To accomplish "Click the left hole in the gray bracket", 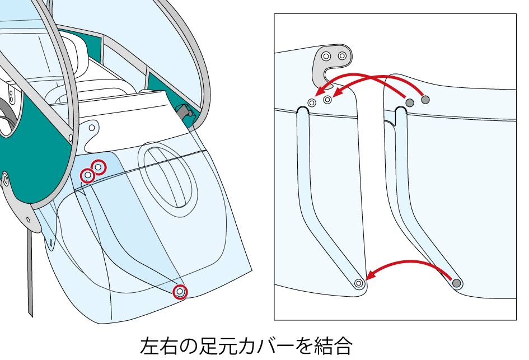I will click(326, 55).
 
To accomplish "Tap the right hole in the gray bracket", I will click(340, 55).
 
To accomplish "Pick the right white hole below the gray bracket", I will click(328, 100).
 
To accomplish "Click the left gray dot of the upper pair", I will click(410, 102).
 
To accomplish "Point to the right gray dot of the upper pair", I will click(425, 100).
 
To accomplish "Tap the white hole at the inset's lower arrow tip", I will click(359, 284).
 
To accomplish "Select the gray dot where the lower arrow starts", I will click(456, 283).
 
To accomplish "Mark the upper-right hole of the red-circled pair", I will click(99, 167).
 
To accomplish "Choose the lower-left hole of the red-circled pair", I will click(88, 176).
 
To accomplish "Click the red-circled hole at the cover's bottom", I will click(180, 292).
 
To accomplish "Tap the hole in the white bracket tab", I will click(91, 128).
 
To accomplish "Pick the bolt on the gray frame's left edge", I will click(6, 179).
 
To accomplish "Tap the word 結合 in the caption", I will click(333, 346).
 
